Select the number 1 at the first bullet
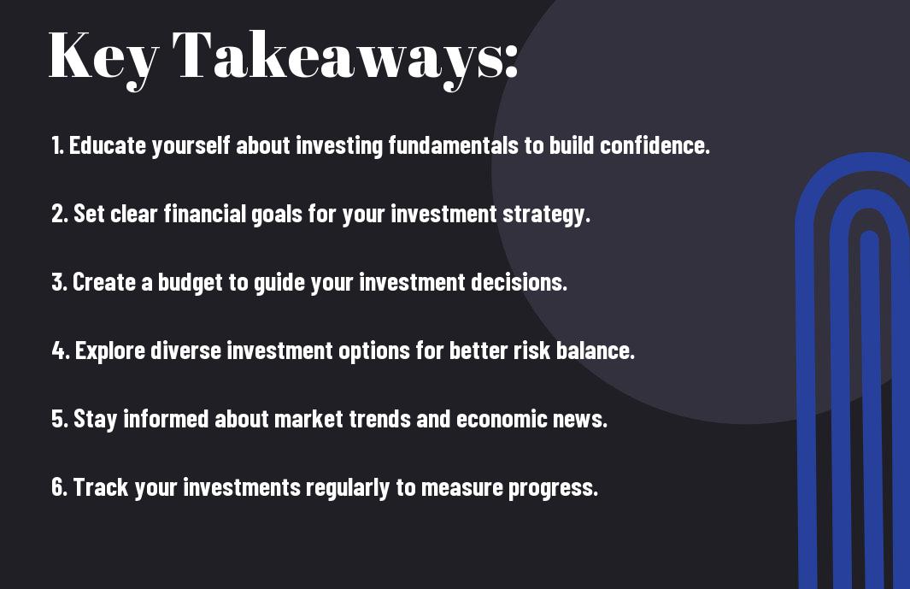56,145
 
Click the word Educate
108,145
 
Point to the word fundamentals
453,145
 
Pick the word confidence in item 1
654,145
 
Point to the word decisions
519,282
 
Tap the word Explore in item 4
110,350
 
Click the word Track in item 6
101,487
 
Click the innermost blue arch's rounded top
869,235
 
